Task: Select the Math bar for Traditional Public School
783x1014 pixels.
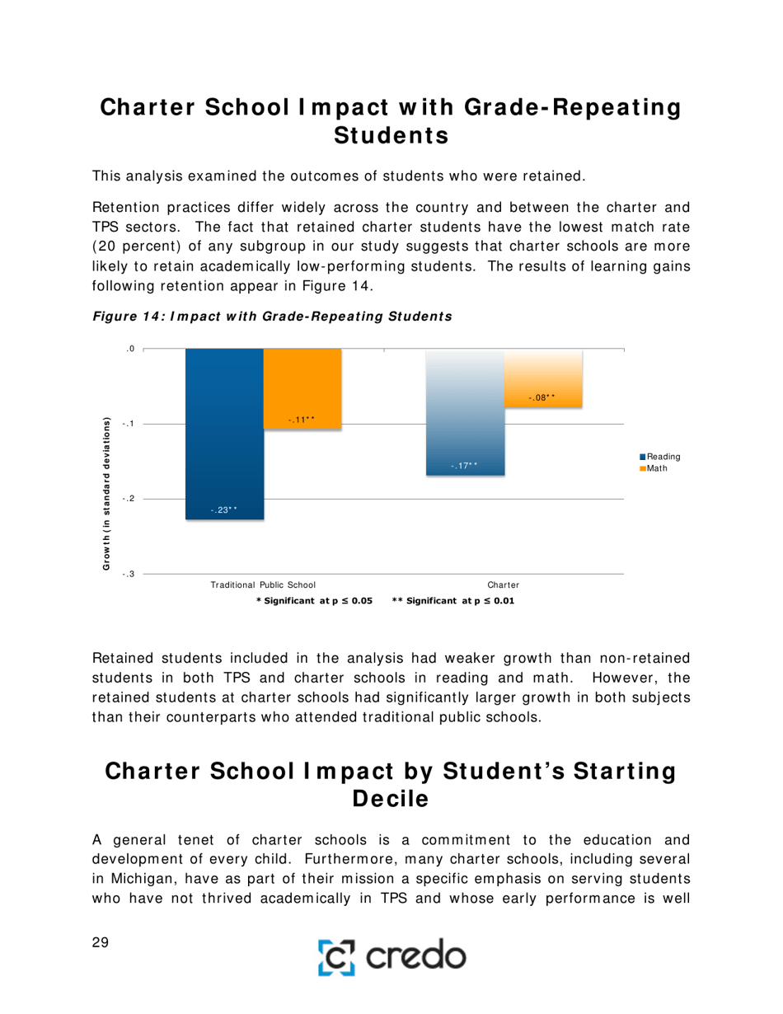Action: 302,387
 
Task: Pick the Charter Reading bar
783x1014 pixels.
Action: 465,412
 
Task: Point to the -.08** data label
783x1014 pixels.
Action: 542,398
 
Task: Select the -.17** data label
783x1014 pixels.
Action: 465,467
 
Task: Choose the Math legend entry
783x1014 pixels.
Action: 657,468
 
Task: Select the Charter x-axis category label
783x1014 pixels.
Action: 504,584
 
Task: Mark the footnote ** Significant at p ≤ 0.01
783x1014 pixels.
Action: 452,601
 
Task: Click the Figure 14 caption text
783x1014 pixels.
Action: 273,315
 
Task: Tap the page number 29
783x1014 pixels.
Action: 101,944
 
